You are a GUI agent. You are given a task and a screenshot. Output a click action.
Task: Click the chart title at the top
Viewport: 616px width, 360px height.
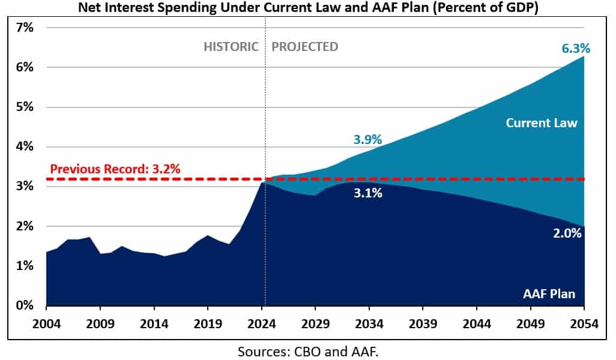(x=307, y=8)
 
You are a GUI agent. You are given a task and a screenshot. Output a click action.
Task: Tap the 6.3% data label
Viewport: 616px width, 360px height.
(x=576, y=49)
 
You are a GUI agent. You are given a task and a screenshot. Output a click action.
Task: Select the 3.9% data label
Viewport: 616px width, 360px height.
(x=367, y=140)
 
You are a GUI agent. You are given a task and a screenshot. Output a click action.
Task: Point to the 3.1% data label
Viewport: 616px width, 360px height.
(x=367, y=193)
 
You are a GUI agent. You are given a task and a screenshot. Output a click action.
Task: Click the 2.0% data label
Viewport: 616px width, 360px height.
(x=567, y=233)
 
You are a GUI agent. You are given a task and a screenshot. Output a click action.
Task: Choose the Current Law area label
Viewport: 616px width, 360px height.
(x=541, y=123)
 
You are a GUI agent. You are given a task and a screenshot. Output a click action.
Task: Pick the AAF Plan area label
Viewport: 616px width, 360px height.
(x=548, y=293)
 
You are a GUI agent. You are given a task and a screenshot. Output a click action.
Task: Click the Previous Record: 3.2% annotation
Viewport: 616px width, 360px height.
(x=115, y=169)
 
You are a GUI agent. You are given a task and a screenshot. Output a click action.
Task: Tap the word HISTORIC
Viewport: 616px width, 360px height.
(x=231, y=46)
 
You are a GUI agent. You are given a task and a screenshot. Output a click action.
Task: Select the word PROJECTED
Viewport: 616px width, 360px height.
(x=304, y=46)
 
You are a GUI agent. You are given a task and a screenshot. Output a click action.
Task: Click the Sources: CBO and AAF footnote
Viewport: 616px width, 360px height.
(x=307, y=350)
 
